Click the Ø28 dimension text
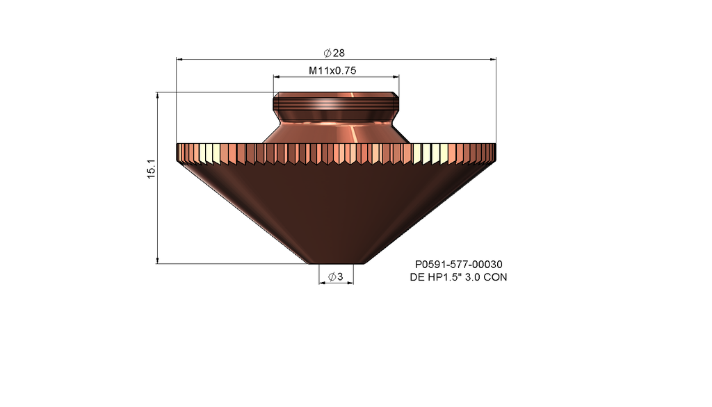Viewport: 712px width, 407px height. (334, 53)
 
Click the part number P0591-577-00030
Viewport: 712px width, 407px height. (458, 265)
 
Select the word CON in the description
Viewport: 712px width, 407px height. (496, 277)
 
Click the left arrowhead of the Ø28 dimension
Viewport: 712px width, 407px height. (180, 60)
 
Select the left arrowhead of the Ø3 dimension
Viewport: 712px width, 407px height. (322, 283)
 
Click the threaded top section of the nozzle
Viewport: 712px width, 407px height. (336, 104)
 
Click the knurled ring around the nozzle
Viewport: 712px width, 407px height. (336, 153)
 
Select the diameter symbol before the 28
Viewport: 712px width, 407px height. (327, 53)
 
